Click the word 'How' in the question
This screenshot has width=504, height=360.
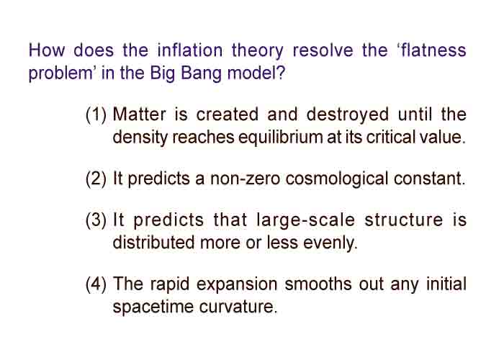[x=47, y=50]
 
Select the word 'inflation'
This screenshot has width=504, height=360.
[x=190, y=50]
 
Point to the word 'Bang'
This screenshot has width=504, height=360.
[x=201, y=73]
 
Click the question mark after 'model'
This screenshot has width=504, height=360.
[x=281, y=73]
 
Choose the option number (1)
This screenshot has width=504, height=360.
[x=96, y=114]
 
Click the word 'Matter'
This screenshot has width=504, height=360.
[x=140, y=114]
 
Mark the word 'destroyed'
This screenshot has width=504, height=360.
[x=348, y=115]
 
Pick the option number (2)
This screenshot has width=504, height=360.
[x=96, y=179]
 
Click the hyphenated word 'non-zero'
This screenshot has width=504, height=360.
[x=246, y=179]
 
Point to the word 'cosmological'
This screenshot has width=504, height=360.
[x=336, y=179]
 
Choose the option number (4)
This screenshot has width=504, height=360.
[x=96, y=285]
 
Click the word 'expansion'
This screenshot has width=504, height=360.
[x=237, y=285]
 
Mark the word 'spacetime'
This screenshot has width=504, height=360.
[x=153, y=307]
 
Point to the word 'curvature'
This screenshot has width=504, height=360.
[x=238, y=307]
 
